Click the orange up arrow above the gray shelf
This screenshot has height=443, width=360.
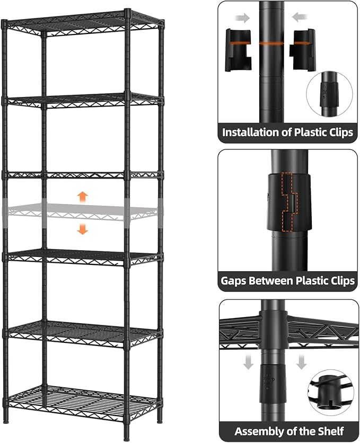tap(82, 197)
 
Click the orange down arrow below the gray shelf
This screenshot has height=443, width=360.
tap(82, 229)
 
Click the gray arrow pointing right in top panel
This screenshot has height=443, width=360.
tap(243, 18)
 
